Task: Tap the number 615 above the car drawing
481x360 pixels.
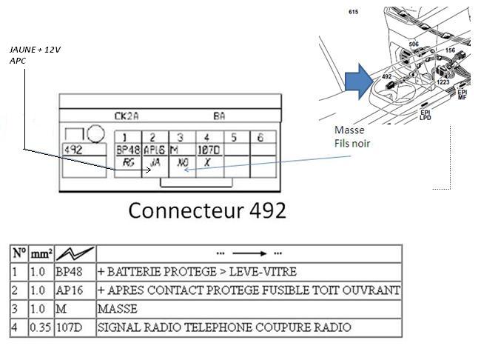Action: coord(353,13)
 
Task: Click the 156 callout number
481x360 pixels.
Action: coord(449,50)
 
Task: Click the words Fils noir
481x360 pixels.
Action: coord(352,144)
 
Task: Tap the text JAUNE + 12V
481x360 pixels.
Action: coord(35,50)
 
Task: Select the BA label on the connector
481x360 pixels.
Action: coord(219,116)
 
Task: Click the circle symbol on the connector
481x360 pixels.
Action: coord(96,134)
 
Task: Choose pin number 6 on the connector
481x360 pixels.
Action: coord(260,137)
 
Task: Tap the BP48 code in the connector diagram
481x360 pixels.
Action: coord(127,149)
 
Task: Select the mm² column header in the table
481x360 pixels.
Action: coord(41,253)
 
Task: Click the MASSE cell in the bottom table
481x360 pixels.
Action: coord(117,307)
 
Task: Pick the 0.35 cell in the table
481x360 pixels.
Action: coord(41,327)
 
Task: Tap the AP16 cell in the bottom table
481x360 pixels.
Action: coord(68,290)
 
